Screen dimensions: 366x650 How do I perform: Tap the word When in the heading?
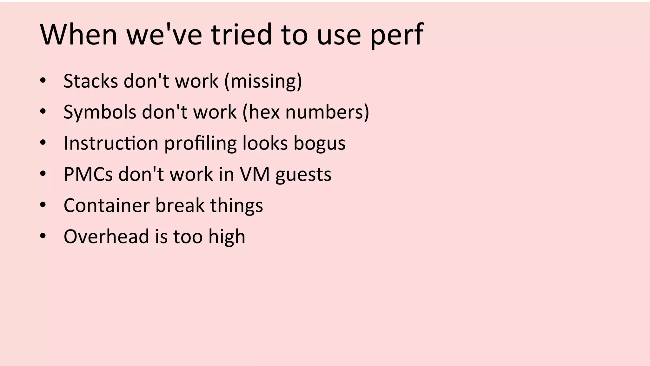click(x=79, y=34)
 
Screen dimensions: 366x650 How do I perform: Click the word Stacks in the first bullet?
click(x=91, y=81)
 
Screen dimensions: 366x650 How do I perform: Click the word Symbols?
click(x=100, y=112)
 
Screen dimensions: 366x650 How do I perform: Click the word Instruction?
click(x=111, y=143)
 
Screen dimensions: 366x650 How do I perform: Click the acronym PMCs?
click(x=88, y=174)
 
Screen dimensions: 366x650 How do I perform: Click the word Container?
click(x=107, y=205)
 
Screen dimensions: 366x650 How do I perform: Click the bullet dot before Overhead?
click(x=43, y=236)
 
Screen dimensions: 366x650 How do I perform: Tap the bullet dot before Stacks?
click(x=43, y=80)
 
